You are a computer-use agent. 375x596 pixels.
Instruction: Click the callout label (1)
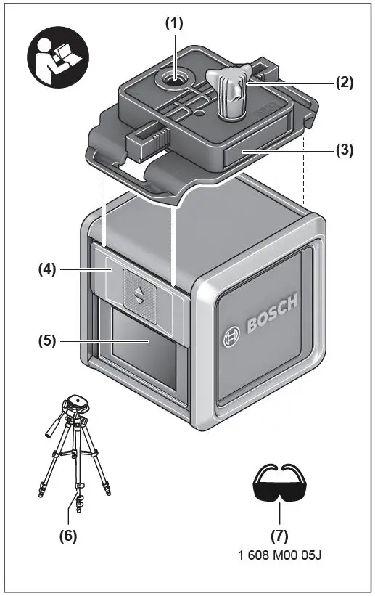(174, 22)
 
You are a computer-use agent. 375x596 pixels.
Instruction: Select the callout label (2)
(344, 82)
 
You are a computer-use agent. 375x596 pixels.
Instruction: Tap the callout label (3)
(344, 151)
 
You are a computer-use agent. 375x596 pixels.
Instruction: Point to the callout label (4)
(49, 269)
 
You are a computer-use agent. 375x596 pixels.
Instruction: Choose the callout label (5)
(49, 339)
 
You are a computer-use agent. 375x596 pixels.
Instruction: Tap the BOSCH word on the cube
(272, 317)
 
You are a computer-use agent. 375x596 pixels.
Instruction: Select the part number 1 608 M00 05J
(279, 556)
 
